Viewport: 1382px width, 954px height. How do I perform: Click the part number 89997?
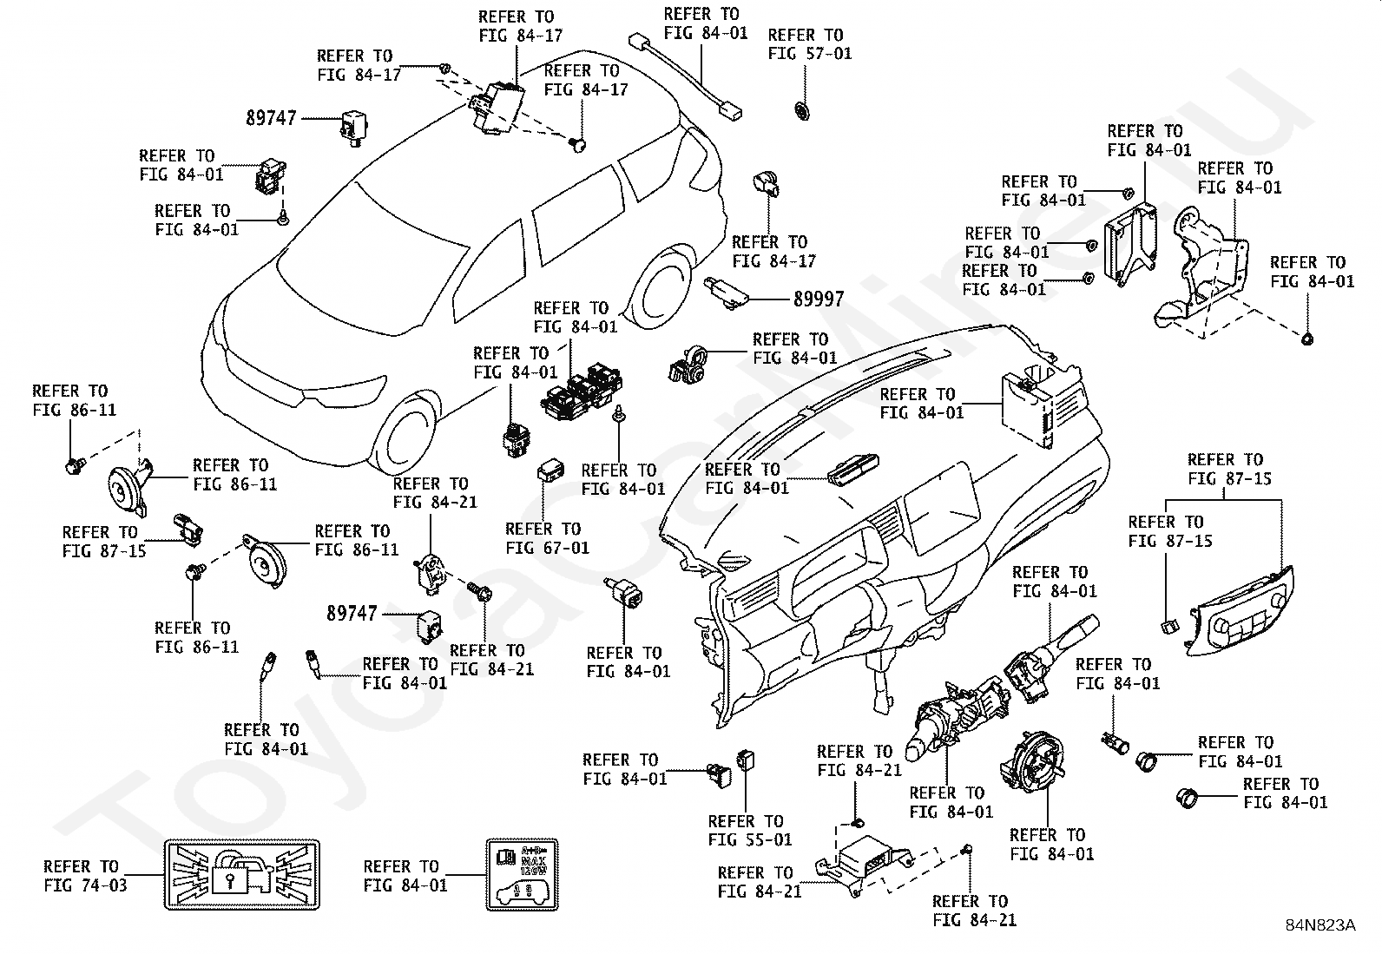click(x=818, y=299)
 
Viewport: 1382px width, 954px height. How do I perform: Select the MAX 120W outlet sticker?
click(x=520, y=874)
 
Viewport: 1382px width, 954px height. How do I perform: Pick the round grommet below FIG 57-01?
click(x=802, y=110)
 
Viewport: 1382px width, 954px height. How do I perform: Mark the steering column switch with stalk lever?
click(x=1042, y=664)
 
